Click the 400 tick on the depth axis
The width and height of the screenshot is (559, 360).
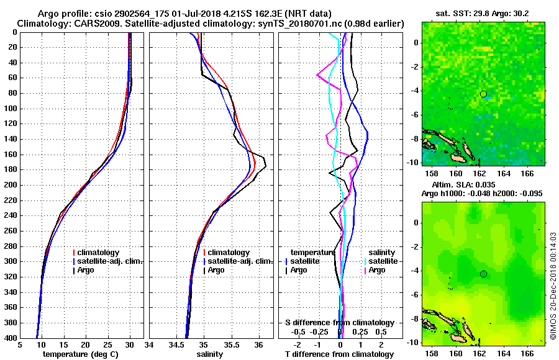coord(11,338)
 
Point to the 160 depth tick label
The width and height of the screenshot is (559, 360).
coord(11,155)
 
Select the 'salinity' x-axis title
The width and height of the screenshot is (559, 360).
coord(211,354)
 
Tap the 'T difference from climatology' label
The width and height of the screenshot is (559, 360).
coord(339,354)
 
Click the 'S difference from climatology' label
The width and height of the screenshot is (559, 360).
coord(339,323)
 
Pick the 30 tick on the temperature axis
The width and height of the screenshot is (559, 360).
coord(130,345)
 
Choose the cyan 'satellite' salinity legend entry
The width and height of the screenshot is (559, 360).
coord(381,261)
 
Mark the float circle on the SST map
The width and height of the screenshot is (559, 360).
coord(483,94)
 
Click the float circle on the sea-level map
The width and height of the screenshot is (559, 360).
coord(483,274)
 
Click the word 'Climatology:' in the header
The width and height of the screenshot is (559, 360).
coord(40,23)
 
